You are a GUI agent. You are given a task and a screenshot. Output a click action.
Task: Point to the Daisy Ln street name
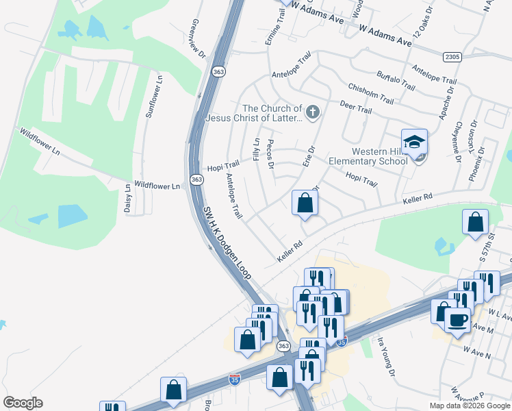127,199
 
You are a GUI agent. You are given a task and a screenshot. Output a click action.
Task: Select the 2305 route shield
452,58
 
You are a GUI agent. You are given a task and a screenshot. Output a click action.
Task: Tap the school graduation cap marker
414,142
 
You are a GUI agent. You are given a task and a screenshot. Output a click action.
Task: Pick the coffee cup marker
457,319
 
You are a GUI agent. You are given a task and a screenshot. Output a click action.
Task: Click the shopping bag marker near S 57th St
475,222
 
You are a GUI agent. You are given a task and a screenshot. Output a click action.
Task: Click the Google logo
23,403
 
